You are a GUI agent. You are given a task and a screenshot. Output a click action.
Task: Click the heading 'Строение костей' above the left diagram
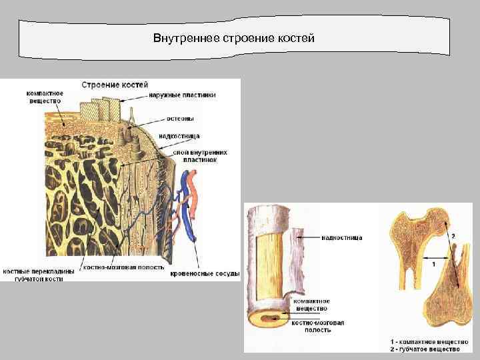pos(115,85)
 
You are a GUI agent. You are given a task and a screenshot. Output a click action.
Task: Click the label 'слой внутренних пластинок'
pos(199,156)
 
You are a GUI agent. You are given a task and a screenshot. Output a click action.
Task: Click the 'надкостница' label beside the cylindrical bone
pos(342,237)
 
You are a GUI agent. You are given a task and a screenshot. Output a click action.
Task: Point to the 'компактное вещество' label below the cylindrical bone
pos(311,305)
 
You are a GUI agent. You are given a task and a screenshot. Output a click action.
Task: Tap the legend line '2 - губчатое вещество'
pos(425,349)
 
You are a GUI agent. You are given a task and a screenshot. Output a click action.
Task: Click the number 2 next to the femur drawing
pos(453,236)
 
